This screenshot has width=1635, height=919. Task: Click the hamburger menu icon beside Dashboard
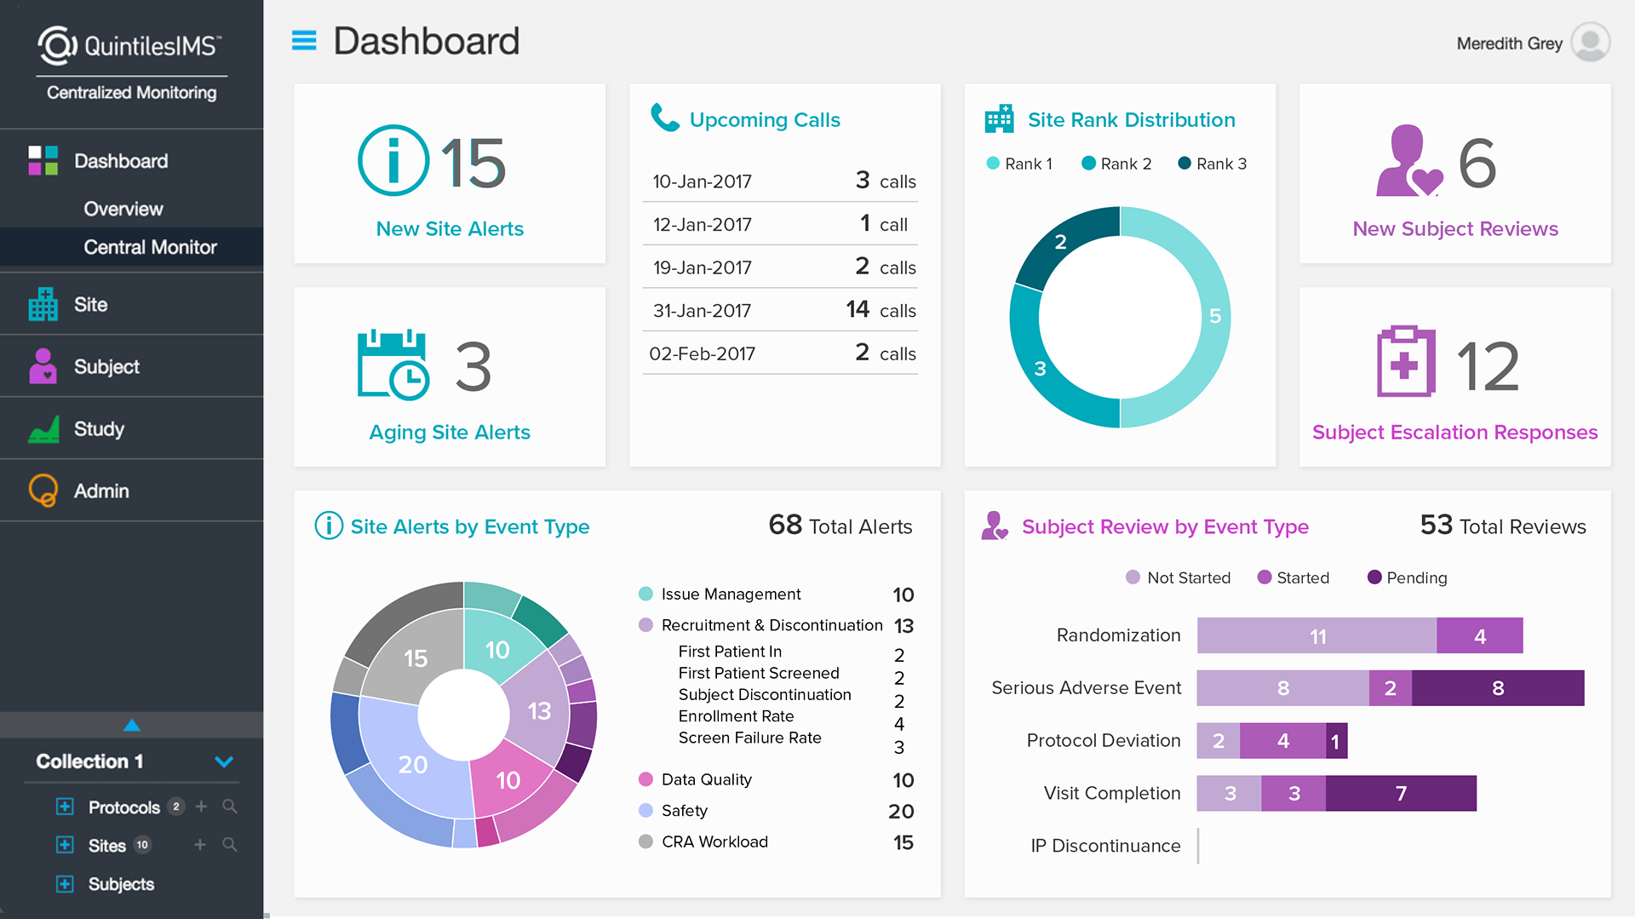(x=304, y=41)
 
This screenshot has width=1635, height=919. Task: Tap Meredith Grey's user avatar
(x=1590, y=43)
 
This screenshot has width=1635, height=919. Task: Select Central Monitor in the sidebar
(x=150, y=247)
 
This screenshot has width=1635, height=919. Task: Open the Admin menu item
(x=101, y=491)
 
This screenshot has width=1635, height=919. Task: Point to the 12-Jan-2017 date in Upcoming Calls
(x=702, y=225)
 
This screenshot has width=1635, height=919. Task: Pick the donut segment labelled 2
(x=1061, y=243)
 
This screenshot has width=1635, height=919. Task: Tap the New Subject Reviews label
(x=1454, y=229)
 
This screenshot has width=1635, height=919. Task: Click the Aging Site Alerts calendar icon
(x=392, y=365)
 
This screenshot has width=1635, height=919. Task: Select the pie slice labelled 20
(x=413, y=764)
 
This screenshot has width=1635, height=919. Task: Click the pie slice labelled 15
(x=416, y=658)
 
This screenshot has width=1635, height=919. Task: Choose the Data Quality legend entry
(x=706, y=779)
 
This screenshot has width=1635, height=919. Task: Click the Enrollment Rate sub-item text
(x=736, y=716)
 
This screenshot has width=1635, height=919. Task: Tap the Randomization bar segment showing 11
(x=1317, y=636)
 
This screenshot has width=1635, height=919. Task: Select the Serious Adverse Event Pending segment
(x=1497, y=688)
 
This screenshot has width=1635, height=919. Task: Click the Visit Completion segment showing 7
(x=1401, y=794)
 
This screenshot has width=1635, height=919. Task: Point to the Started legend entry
(x=1294, y=577)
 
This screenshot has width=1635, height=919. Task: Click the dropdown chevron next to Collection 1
(x=224, y=761)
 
